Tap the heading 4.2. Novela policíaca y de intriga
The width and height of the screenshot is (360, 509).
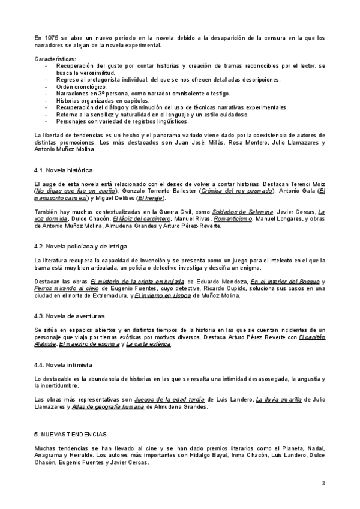coord(80,246)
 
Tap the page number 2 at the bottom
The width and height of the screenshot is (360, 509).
coord(323,483)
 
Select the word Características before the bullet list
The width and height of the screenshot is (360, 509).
coord(56,58)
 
